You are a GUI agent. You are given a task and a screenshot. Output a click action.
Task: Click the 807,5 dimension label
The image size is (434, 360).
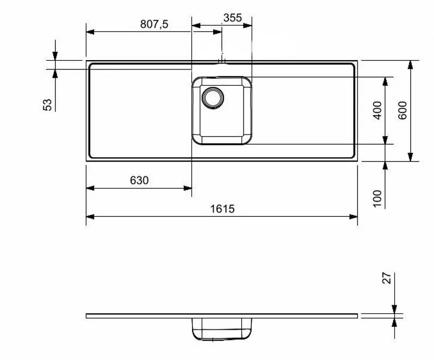point(154,24)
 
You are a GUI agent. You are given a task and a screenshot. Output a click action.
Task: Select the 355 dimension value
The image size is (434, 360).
point(232,17)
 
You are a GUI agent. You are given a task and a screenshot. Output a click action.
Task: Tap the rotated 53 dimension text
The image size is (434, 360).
point(48,105)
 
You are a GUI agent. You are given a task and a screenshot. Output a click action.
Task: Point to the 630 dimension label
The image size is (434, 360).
point(139,181)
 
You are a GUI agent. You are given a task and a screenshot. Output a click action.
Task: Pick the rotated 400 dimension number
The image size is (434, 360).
point(378,111)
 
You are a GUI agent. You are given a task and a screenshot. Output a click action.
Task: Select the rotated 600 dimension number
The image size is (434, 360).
point(403,111)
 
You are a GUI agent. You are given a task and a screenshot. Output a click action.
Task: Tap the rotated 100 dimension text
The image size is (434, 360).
point(378,198)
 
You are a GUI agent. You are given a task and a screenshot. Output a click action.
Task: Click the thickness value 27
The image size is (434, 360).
point(387,279)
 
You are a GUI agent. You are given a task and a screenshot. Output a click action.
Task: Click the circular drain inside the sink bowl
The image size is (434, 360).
point(212,97)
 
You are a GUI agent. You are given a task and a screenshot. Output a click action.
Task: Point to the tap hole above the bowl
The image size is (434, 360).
point(221,61)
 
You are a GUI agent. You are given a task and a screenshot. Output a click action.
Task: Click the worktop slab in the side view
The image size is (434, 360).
point(163,316)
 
